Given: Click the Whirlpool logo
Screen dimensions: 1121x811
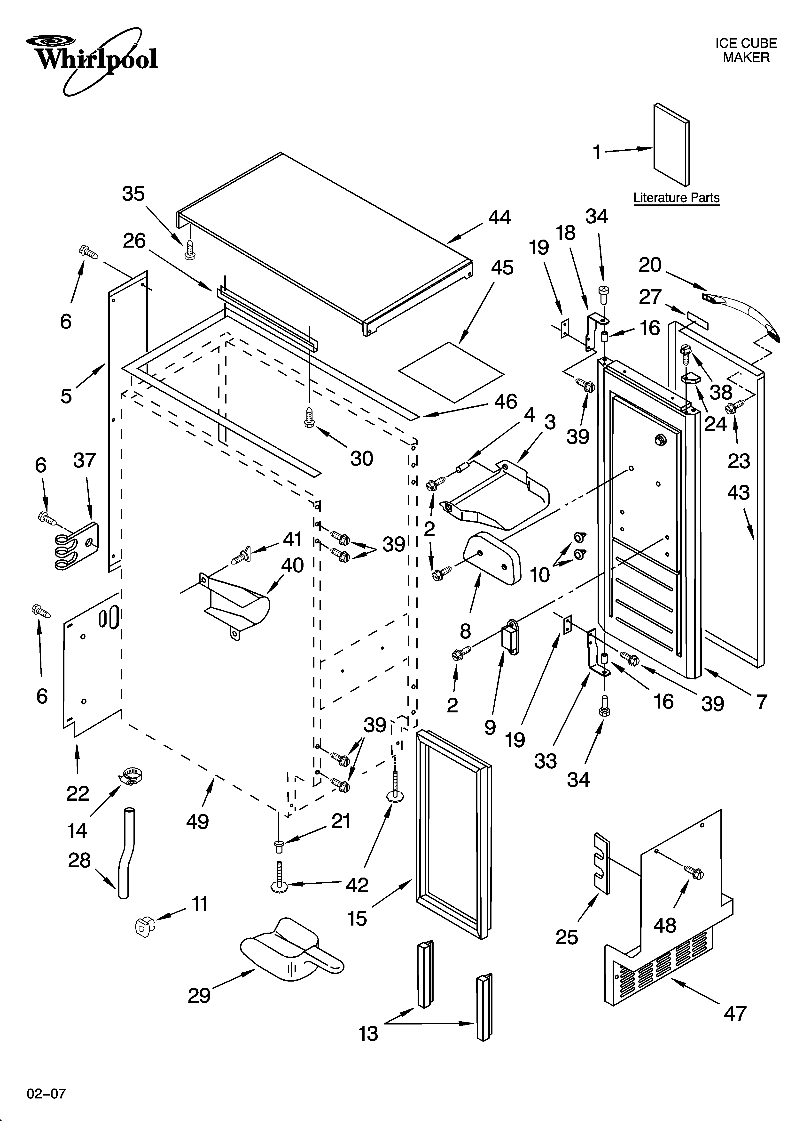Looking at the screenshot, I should tap(91, 59).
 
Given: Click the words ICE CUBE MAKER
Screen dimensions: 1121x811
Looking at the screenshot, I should tap(746, 50).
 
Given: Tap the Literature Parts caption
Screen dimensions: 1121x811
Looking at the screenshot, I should tap(676, 198).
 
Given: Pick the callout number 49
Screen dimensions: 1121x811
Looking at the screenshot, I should tap(198, 822).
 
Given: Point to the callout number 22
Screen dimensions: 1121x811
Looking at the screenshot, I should tap(78, 793).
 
